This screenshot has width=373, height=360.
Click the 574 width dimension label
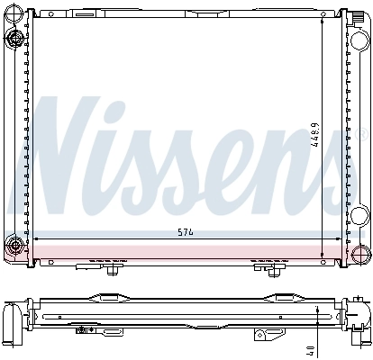point(186,232)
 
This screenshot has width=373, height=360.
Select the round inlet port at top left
point(14,37)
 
